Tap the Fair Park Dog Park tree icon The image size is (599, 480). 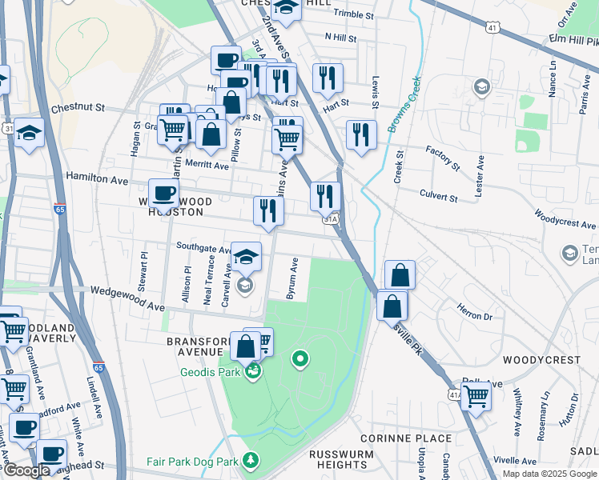tap(251, 461)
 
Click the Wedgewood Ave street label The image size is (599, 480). tap(127, 301)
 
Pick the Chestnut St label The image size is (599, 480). tap(78, 107)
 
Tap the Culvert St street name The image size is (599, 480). tap(438, 194)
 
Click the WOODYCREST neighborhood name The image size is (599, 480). tap(541, 360)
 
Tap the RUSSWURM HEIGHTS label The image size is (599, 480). tap(338, 460)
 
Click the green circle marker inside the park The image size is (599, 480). tap(300, 359)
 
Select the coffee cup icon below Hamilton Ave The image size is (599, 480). tap(164, 195)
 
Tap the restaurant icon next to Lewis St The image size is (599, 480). tap(362, 134)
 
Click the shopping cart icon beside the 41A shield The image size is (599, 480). tap(476, 395)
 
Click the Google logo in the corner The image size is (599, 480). tap(26, 470)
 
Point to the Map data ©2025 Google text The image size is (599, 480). tap(549, 474)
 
